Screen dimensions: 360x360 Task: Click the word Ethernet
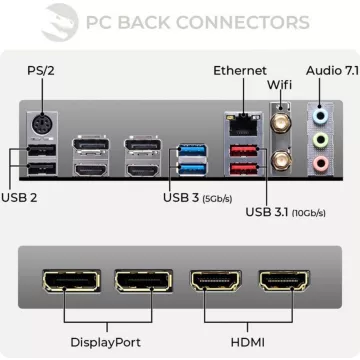240,70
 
